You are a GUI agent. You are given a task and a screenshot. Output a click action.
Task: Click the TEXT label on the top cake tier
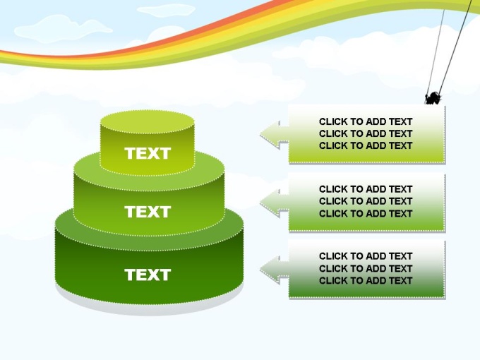pos(148,153)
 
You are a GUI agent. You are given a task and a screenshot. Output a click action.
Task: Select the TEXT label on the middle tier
pos(148,212)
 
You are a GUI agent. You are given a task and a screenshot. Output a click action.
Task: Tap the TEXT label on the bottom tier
pos(148,275)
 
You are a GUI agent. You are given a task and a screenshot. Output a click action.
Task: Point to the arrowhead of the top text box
pos(270,135)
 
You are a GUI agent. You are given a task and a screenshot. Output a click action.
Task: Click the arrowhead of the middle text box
pos(270,203)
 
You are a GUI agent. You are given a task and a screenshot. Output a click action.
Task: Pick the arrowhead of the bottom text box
pos(270,270)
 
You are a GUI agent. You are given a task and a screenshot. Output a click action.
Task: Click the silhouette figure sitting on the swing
pos(433,98)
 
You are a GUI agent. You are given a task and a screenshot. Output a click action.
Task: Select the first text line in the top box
pos(366,121)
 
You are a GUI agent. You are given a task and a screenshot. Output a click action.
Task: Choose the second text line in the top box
pos(366,133)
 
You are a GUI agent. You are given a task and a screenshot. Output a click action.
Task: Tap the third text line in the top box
pos(366,145)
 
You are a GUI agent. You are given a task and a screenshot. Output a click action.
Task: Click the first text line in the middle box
pos(366,189)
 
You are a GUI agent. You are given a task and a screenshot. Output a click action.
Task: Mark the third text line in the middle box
pos(366,213)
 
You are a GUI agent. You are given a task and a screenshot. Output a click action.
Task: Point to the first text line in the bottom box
pos(366,256)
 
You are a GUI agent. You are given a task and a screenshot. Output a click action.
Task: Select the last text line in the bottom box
pos(366,280)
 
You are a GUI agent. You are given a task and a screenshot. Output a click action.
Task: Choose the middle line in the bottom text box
pos(366,268)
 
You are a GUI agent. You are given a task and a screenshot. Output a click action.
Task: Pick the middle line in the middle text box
pos(366,201)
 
